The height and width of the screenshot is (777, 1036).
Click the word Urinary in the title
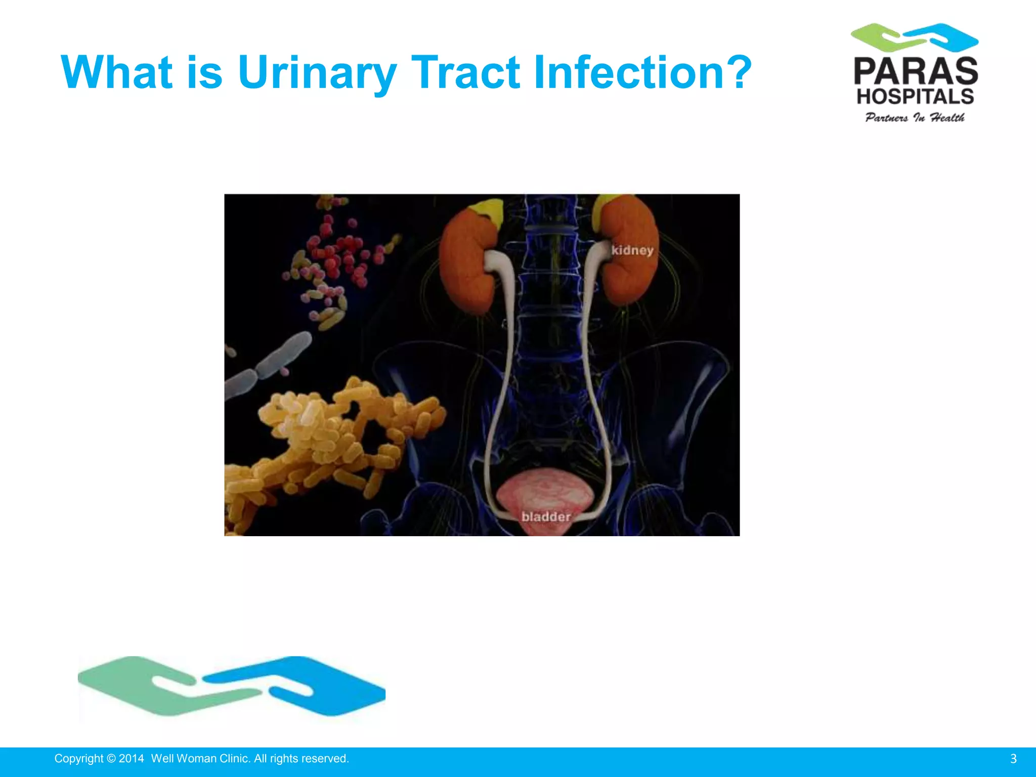tap(317, 72)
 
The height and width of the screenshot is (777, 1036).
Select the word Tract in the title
tap(465, 72)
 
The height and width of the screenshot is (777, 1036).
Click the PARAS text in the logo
tap(916, 71)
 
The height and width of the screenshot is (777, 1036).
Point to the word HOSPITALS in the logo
tap(915, 96)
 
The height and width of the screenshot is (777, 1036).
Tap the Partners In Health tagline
tap(915, 118)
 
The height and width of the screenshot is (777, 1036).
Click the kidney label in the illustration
tap(632, 250)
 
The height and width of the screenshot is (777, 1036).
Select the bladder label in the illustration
tap(546, 516)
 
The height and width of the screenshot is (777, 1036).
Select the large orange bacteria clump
tap(329, 435)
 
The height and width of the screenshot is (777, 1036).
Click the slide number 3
tap(1013, 759)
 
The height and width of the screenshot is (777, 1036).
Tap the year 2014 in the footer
tap(131, 759)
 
